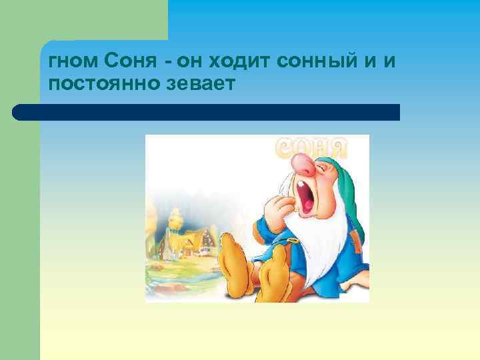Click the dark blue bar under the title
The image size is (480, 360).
tap(207, 112)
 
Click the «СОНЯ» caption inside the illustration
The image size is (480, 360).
tap(313, 147)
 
